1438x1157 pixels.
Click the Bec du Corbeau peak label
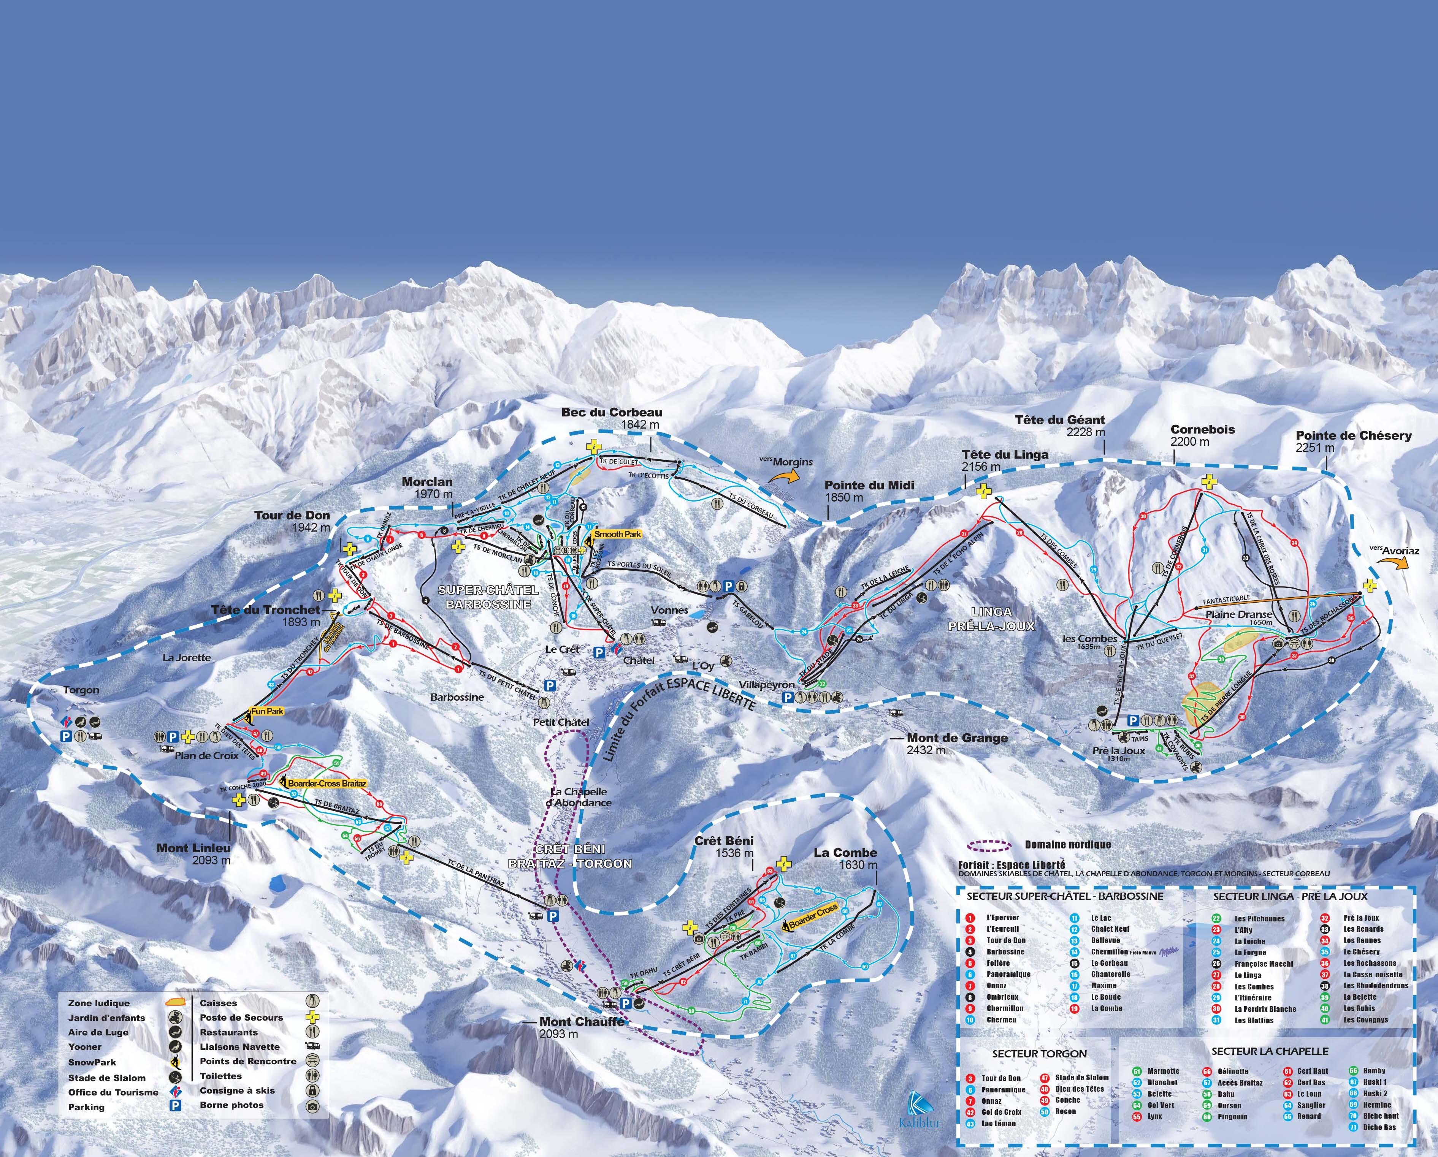tap(612, 412)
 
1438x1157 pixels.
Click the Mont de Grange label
tap(957, 738)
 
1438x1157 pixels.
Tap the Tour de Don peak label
tap(292, 516)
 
